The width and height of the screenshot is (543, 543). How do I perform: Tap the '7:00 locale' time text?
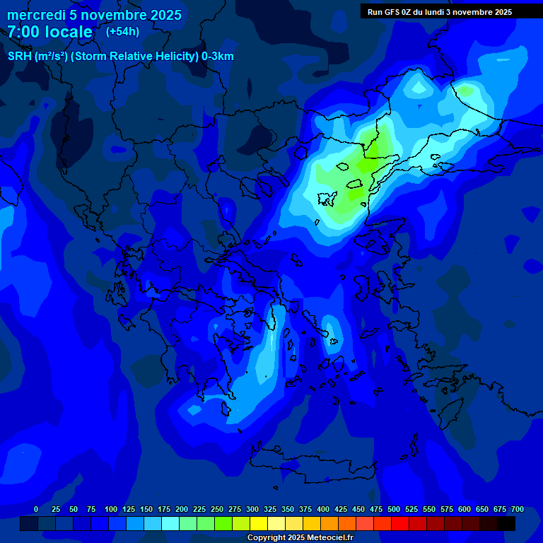[49, 33]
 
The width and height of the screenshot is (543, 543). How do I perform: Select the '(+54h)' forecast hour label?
[122, 32]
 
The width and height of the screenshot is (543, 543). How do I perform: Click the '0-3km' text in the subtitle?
[217, 57]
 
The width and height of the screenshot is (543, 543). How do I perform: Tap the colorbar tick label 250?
[217, 509]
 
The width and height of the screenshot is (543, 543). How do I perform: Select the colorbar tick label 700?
[517, 509]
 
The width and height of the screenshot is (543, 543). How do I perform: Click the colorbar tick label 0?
[35, 509]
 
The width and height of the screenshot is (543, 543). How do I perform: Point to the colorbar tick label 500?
[394, 509]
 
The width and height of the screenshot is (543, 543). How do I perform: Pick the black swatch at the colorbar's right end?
[506, 523]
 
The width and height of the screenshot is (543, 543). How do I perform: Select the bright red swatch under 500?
[400, 523]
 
